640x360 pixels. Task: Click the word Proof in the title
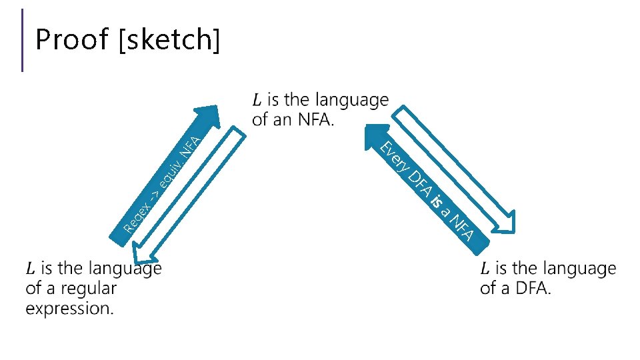click(x=72, y=40)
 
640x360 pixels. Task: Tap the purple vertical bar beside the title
click(x=23, y=40)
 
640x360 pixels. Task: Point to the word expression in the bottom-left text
click(x=69, y=309)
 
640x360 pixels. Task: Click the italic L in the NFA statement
click(x=257, y=101)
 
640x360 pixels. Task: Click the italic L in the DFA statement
click(x=485, y=269)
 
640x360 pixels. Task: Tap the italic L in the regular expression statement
click(x=30, y=269)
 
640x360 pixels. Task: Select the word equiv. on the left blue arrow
click(x=169, y=169)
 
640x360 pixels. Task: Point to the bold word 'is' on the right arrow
click(x=436, y=201)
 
